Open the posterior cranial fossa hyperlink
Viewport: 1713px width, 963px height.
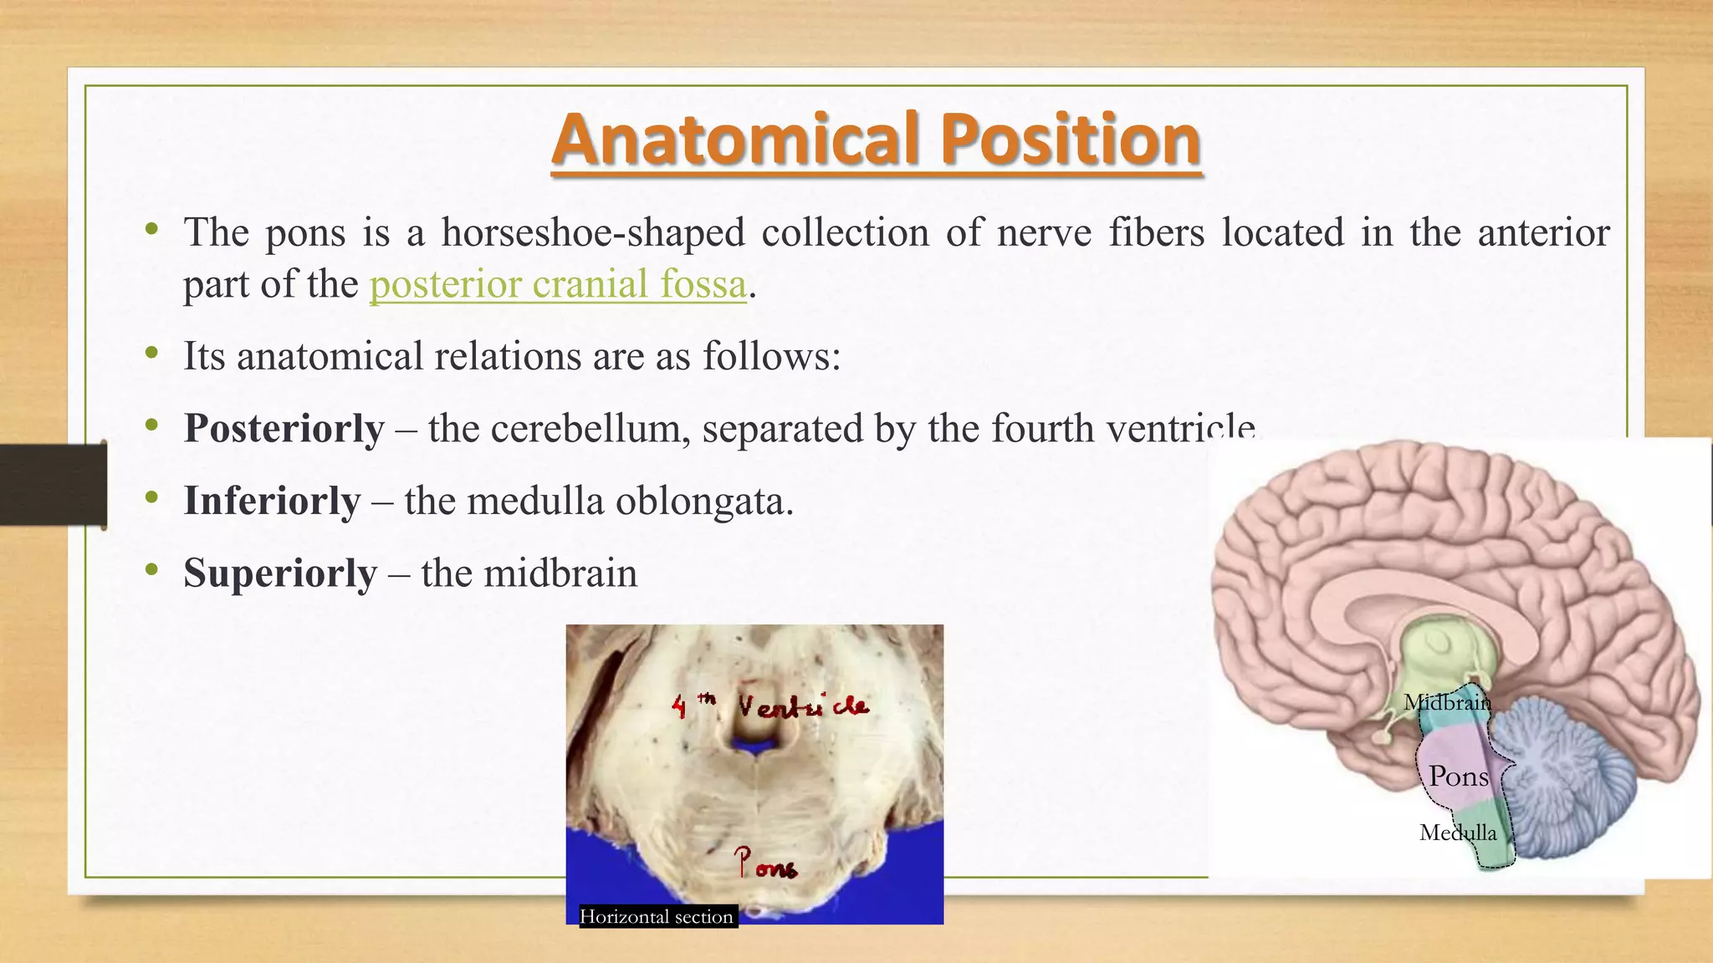coord(558,284)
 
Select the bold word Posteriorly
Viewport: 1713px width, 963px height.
coord(284,429)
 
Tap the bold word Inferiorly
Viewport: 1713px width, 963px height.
coord(272,502)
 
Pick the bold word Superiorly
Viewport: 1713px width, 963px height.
coord(280,574)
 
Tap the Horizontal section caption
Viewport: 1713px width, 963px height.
coord(657,917)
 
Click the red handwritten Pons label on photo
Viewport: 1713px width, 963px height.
coord(764,864)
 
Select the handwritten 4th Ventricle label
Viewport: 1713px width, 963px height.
coord(770,706)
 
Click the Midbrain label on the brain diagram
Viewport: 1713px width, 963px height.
coord(1447,702)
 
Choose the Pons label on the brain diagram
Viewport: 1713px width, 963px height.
coord(1459,777)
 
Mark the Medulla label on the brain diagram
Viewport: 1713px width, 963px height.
coord(1458,833)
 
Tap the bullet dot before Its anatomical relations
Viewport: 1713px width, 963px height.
coord(151,354)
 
